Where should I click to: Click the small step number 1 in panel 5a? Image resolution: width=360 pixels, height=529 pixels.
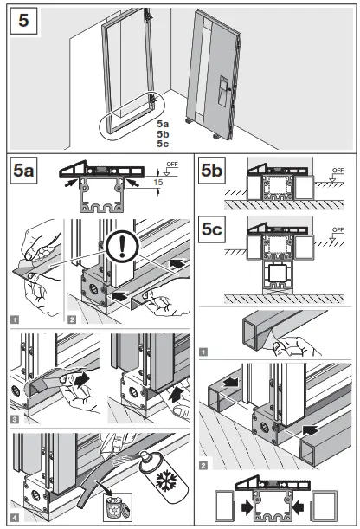(16, 318)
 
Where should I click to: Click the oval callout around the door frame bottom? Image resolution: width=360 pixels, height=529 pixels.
(127, 119)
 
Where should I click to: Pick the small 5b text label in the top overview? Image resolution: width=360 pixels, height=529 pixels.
(163, 135)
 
